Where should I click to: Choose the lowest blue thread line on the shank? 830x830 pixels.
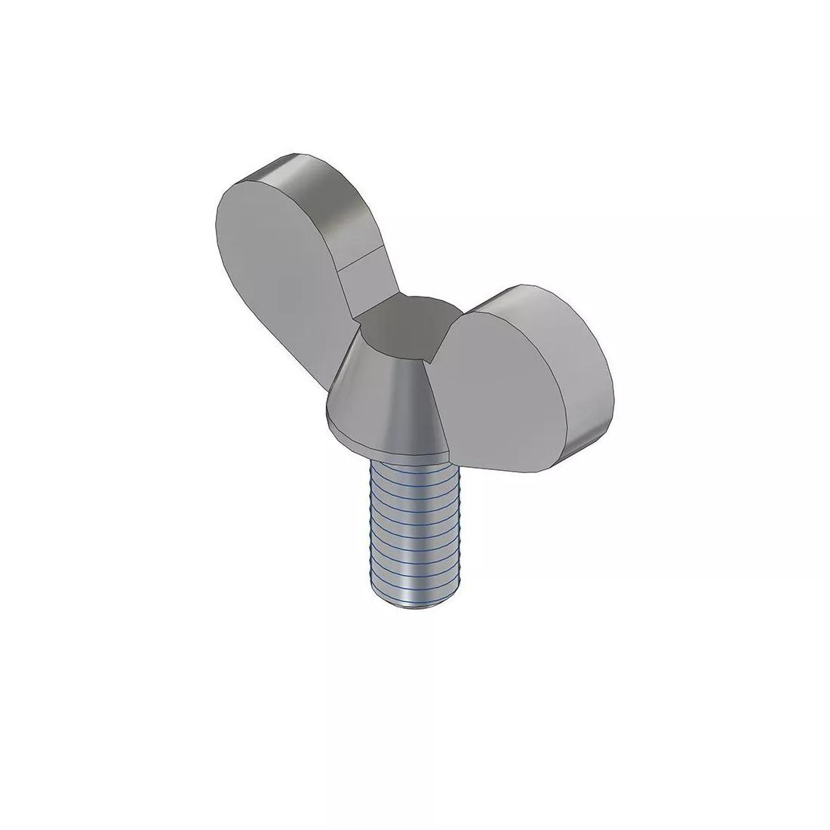pyautogui.click(x=407, y=589)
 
